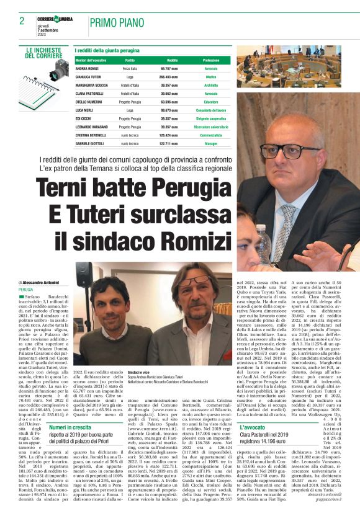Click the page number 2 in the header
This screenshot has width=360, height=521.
(x=22, y=21)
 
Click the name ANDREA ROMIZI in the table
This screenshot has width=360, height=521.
(x=89, y=68)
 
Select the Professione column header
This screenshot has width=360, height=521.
(x=210, y=60)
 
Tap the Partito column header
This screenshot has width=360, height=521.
(x=130, y=60)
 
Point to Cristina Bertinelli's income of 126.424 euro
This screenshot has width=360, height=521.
(x=169, y=133)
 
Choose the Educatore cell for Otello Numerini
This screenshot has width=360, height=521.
(x=210, y=100)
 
